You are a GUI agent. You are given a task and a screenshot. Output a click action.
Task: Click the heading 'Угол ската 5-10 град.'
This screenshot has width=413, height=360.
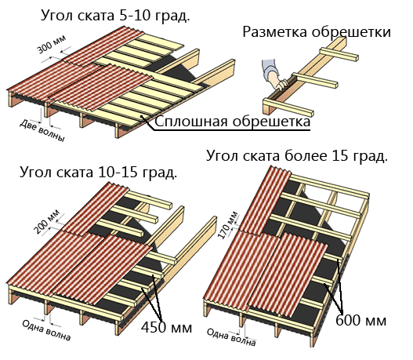click(x=115, y=16)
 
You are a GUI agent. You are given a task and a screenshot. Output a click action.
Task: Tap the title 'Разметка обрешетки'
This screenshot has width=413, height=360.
click(x=317, y=31)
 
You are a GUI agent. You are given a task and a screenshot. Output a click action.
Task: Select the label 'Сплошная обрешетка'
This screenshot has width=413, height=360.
click(x=232, y=122)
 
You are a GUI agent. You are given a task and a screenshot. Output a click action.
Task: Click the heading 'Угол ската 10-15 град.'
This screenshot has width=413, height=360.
click(x=98, y=173)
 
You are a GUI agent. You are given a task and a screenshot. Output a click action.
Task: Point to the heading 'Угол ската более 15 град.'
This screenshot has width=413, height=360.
click(x=296, y=155)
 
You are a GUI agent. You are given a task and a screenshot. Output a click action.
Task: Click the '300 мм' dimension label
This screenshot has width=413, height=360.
click(x=51, y=45)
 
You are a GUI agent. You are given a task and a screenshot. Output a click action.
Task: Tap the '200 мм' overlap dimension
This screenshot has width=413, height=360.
click(x=47, y=222)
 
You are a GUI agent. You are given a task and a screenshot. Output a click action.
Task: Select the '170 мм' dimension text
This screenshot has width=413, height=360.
click(x=228, y=225)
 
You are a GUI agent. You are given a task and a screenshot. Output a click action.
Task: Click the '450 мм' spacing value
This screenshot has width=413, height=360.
click(x=166, y=328)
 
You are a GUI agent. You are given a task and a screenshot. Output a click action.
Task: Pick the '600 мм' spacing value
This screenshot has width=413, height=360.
click(x=360, y=320)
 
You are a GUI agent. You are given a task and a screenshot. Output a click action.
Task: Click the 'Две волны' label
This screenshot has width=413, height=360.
click(x=42, y=131)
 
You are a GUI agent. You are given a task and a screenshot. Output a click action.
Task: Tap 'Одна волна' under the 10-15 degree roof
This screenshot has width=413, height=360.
click(x=46, y=330)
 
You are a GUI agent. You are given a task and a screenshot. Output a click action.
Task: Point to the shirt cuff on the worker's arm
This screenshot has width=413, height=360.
click(x=271, y=73)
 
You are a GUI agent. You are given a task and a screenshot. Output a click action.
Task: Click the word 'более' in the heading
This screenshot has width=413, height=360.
click(x=306, y=155)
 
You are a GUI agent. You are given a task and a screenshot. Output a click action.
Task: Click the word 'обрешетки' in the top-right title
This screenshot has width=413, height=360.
click(x=351, y=32)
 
